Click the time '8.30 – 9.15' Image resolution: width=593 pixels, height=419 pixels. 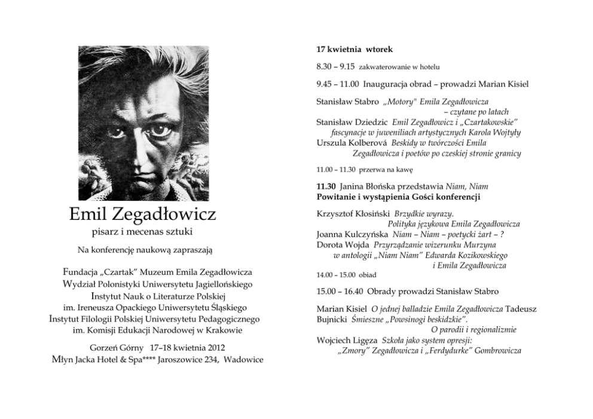[x=335, y=66]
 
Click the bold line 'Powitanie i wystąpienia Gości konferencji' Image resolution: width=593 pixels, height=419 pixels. [x=399, y=196]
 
